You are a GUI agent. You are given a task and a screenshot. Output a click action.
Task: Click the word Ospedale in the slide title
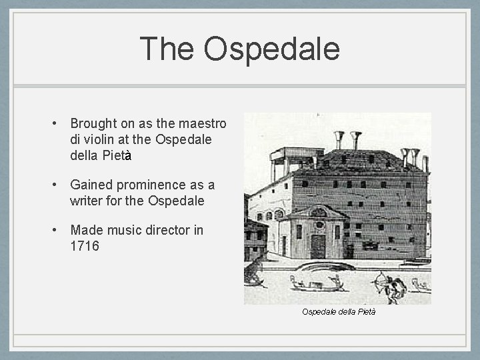tap(272, 49)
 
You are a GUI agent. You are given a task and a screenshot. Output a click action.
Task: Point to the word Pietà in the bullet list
tap(115, 156)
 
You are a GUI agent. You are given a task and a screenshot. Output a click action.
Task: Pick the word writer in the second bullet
tap(86, 201)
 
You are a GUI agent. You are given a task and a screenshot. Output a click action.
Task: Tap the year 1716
tap(83, 246)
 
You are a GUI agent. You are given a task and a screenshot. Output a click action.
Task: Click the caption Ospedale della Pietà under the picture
tap(338, 311)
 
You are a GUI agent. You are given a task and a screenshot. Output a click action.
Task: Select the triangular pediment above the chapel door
tap(319, 213)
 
